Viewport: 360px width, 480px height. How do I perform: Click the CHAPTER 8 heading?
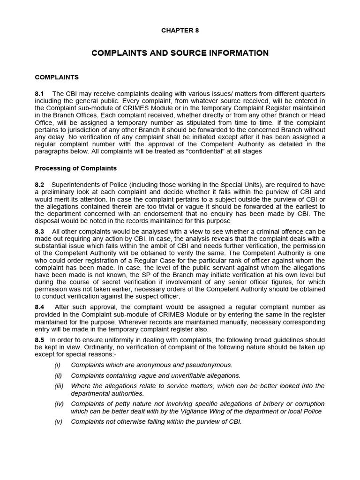(180, 30)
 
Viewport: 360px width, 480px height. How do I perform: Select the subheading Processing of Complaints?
(76, 168)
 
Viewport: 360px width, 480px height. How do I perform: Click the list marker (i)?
(57, 365)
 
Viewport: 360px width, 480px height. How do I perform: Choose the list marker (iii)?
(58, 386)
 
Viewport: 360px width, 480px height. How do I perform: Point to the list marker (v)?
(58, 421)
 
